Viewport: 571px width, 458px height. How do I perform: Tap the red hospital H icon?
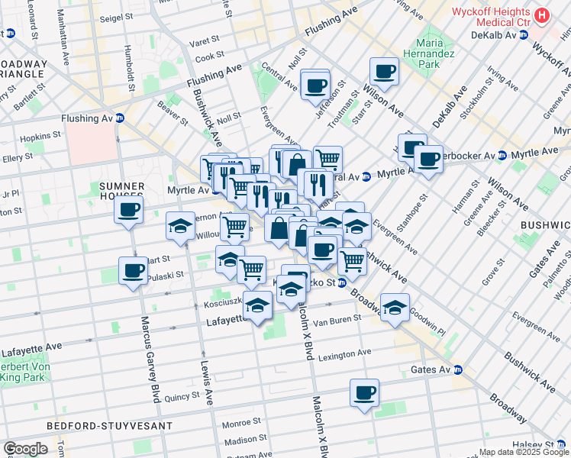click(x=542, y=15)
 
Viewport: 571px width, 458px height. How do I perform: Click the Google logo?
click(x=25, y=449)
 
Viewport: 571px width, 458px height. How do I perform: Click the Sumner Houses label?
click(x=122, y=186)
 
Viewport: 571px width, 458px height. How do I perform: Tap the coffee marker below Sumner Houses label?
click(x=129, y=210)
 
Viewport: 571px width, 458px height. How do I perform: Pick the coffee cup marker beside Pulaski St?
click(x=134, y=270)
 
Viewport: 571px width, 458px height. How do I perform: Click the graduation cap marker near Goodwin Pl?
click(x=395, y=307)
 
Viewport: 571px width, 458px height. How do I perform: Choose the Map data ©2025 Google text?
click(x=524, y=452)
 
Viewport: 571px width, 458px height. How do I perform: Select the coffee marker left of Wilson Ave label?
click(x=384, y=72)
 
